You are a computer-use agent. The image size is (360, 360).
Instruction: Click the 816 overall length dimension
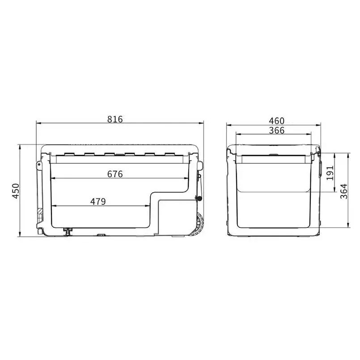[115, 119]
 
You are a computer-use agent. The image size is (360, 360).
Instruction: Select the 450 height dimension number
[16, 191]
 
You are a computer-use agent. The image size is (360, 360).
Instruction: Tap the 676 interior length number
[115, 174]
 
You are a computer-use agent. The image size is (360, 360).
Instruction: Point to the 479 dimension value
[98, 201]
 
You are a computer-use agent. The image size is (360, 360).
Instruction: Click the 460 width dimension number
[277, 121]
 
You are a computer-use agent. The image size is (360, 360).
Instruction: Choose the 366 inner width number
[277, 131]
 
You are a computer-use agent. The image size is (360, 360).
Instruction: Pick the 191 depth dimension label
[330, 173]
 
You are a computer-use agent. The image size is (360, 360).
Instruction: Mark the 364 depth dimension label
[344, 191]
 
